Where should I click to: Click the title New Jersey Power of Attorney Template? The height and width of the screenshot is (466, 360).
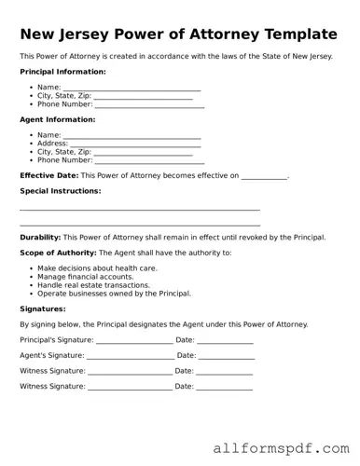coord(178,34)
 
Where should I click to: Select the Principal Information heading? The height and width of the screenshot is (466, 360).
coord(62,72)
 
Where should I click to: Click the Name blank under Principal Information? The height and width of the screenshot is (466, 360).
coord(132,88)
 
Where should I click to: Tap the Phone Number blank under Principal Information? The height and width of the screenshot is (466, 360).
coord(149,105)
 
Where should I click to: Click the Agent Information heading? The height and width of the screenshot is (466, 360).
coord(57,120)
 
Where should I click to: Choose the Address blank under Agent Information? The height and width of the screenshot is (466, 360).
coord(135,144)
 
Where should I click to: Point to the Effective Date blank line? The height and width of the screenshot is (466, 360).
coord(264,176)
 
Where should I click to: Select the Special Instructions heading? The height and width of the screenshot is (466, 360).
coord(60,191)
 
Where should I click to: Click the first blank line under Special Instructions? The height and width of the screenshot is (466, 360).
coord(140,210)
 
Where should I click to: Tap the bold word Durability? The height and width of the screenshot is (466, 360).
coord(40,238)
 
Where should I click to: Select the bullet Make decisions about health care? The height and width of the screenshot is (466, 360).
coord(97,268)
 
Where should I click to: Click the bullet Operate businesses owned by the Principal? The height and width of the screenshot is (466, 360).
coord(114,294)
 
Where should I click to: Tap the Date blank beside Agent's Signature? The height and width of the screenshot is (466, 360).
coord(227,356)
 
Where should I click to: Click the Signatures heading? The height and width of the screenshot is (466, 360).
coord(43,308)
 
